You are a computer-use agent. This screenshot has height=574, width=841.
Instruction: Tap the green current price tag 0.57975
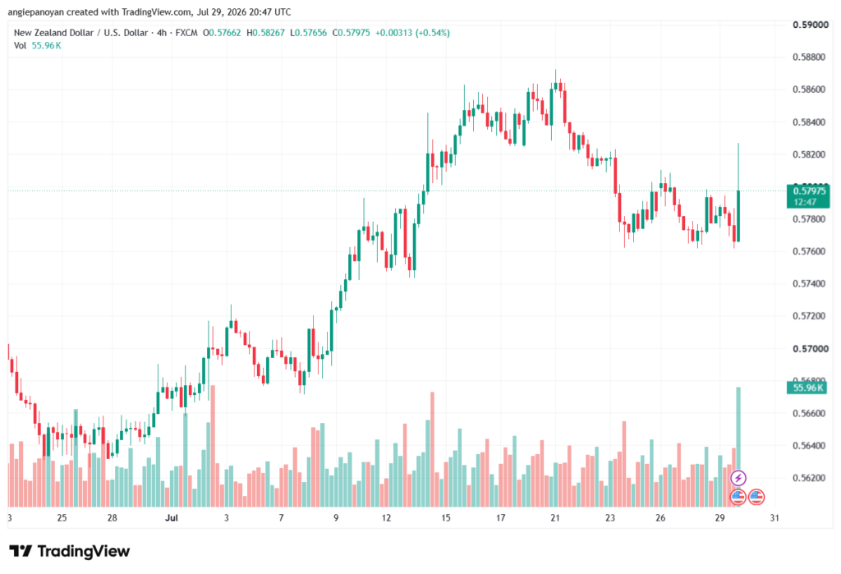coord(808,195)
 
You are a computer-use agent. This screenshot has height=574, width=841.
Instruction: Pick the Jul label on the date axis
coord(171,517)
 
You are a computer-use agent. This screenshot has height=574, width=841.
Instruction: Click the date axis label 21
coord(555,517)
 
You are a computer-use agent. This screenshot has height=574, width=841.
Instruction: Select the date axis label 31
coord(774,517)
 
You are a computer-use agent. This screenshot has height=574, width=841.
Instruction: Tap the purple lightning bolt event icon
coord(738,477)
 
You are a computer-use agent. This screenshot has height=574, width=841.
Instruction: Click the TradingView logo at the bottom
coord(70,551)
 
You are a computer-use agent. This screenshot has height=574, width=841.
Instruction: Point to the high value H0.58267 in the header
coord(265,33)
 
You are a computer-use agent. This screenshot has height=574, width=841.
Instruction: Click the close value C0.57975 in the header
coord(352,33)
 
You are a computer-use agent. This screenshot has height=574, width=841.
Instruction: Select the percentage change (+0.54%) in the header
coord(433,33)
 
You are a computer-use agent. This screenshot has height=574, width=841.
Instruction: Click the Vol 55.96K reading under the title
coord(38,46)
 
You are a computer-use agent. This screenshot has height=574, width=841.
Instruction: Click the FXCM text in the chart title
coord(186,33)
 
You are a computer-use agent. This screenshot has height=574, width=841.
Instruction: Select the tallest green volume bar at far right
coord(738,447)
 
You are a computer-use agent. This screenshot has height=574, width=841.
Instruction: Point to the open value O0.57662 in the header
coord(222,33)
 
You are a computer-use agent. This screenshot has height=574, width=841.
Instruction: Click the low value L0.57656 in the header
coord(309,33)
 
